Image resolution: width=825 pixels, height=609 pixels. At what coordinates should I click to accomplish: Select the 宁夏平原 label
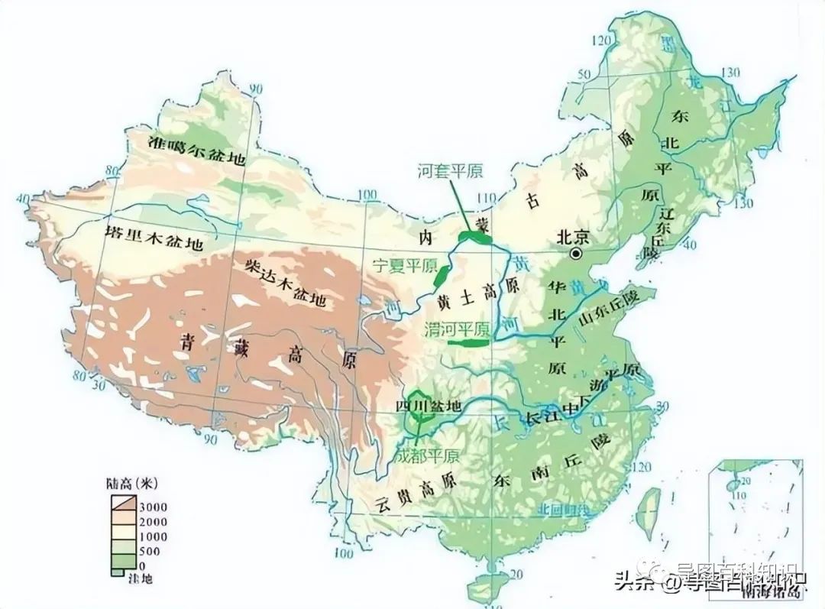(x=404, y=266)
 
